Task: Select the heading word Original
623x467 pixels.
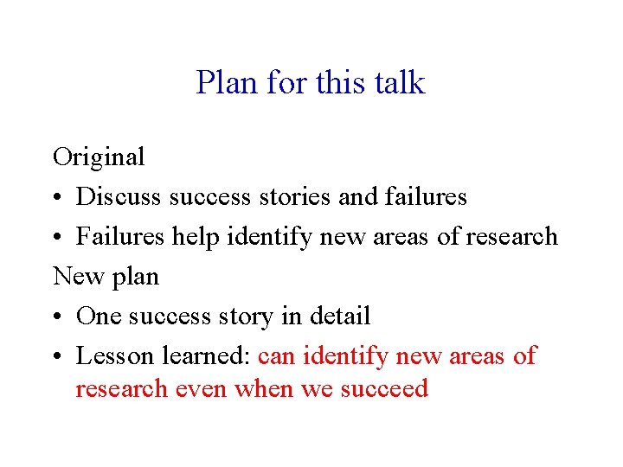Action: pyautogui.click(x=99, y=157)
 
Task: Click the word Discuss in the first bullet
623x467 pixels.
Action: pyautogui.click(x=119, y=197)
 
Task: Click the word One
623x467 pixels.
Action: pyautogui.click(x=98, y=317)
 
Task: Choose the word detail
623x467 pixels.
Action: pyautogui.click(x=336, y=317)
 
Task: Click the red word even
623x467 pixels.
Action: pyautogui.click(x=201, y=389)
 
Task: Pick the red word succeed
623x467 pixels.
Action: pyautogui.click(x=383, y=389)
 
